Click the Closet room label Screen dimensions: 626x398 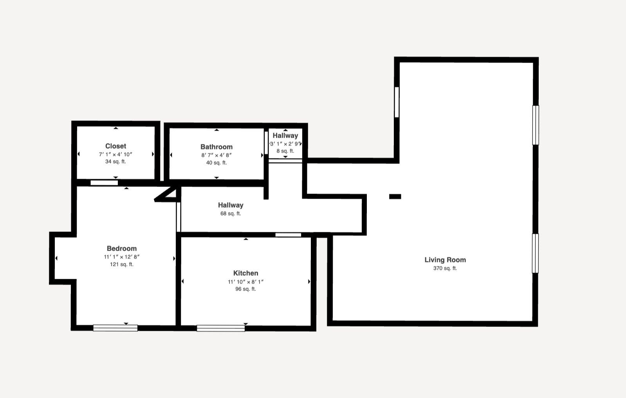116,146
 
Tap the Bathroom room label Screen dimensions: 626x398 216,147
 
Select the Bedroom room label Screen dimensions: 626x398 122,248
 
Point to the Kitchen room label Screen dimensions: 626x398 245,273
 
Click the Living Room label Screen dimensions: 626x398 445,260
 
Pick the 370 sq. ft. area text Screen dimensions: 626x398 445,268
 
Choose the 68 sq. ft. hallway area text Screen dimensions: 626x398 231,213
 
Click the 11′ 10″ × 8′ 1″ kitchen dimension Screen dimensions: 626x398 245,282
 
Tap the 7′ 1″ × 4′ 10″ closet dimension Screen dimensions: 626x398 115,154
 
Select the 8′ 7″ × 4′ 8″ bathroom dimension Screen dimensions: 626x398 216,155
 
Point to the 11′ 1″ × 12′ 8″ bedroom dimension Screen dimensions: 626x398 122,257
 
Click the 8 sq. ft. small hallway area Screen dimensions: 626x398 285,151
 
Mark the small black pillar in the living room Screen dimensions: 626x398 395,197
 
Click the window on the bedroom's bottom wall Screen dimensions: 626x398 115,328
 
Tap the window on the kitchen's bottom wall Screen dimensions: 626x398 221,328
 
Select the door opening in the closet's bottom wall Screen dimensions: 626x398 104,183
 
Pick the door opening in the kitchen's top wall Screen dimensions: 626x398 288,235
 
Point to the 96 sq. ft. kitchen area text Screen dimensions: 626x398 245,289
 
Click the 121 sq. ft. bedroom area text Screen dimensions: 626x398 122,264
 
